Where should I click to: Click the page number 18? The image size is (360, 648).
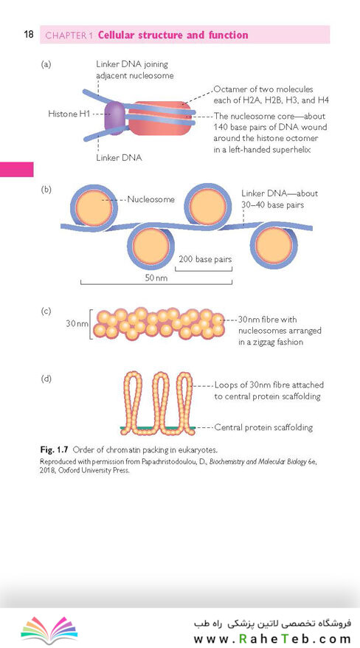tap(29, 34)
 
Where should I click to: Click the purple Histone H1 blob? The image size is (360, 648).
tap(114, 116)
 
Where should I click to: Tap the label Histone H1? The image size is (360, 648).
tap(69, 114)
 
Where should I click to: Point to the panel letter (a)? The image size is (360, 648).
tap(46, 64)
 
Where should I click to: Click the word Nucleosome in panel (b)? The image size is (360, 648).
tap(150, 199)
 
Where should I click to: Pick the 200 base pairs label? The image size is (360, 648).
tap(205, 260)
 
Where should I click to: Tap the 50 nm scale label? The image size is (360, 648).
tap(156, 278)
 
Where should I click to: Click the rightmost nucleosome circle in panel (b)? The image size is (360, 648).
tap(274, 246)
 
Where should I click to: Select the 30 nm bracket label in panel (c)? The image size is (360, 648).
tap(77, 323)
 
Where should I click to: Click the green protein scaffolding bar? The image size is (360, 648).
tap(158, 428)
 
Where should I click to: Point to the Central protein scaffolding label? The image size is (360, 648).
tap(263, 427)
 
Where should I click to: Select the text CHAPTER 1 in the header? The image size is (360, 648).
tap(69, 35)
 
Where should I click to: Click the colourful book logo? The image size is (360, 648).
tap(49, 630)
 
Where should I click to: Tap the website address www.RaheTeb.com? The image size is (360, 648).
tap(272, 640)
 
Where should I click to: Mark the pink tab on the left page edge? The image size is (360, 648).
tap(16, 170)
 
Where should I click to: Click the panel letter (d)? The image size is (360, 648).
tap(46, 379)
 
